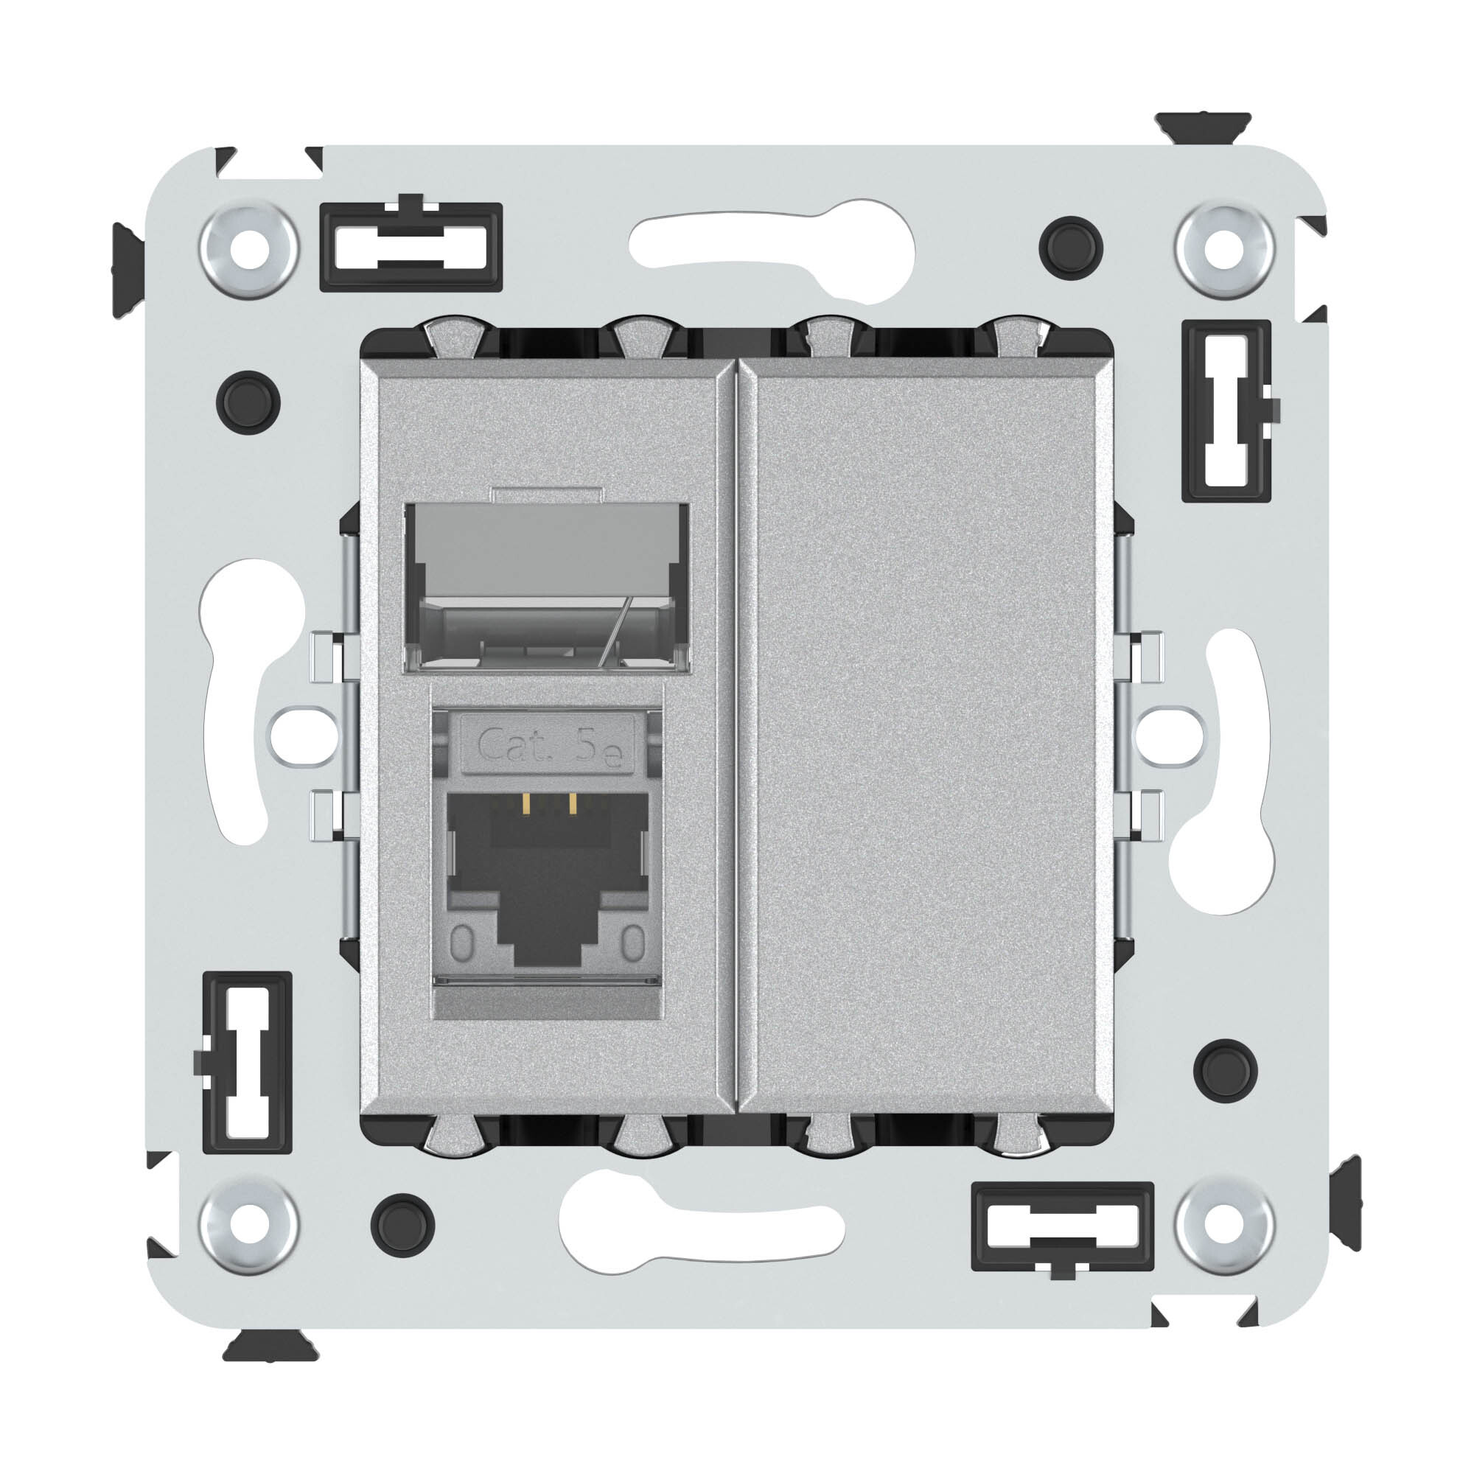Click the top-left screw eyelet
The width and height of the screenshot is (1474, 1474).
click(x=248, y=250)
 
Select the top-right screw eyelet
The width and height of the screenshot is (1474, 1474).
click(x=1224, y=250)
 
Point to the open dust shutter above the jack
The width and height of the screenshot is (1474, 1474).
click(x=547, y=587)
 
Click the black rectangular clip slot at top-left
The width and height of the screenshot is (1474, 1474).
click(x=411, y=246)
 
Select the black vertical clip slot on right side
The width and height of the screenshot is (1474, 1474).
click(x=1226, y=411)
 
